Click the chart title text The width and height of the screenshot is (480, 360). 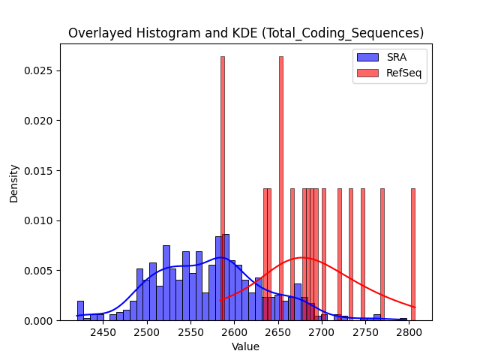pos(246,33)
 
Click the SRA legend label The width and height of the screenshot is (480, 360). pos(397,57)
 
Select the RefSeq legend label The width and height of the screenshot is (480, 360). pos(403,73)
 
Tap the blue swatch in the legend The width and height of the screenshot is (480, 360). pos(367,57)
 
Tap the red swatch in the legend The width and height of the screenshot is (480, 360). pos(367,73)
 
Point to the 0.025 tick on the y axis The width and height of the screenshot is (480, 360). pos(38,70)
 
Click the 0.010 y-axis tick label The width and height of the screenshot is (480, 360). pos(38,220)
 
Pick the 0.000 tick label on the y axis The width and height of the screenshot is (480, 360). pos(38,320)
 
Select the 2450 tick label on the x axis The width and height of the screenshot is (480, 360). pos(103,332)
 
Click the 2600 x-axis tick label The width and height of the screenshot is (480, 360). pos(234,332)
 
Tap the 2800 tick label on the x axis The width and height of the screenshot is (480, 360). pos(409,332)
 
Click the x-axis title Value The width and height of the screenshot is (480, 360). pos(245,346)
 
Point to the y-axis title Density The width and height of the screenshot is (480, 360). pos(13,184)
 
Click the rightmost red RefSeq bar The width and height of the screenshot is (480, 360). pos(413,255)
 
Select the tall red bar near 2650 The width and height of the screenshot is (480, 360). pos(281,188)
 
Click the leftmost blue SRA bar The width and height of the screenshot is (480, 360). pos(80,310)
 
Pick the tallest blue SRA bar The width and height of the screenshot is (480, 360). pos(226,277)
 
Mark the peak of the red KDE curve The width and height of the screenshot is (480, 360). pos(302,257)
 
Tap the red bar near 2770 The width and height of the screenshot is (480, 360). pos(382,255)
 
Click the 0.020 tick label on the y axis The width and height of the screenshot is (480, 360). pos(38,121)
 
